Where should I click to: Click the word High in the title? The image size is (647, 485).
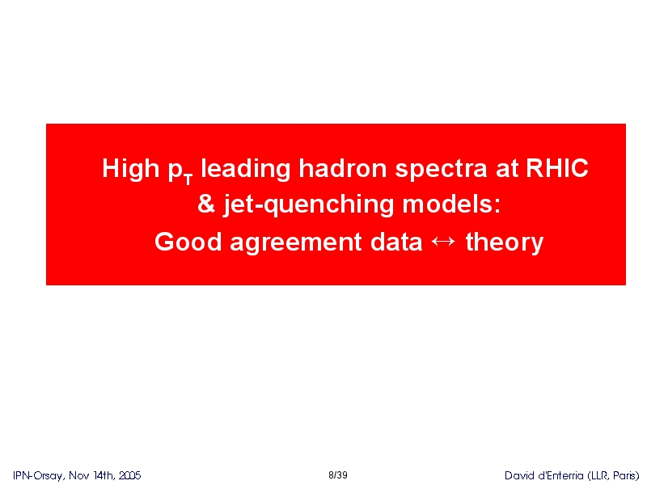pyautogui.click(x=130, y=169)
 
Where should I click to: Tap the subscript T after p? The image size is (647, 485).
pyautogui.click(x=188, y=179)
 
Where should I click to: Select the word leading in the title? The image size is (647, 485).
pyautogui.click(x=245, y=169)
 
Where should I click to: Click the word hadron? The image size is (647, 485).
pyautogui.click(x=342, y=168)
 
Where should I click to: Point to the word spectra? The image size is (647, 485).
pyautogui.click(x=441, y=170)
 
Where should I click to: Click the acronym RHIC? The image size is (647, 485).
pyautogui.click(x=557, y=168)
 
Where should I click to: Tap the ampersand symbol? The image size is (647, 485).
pyautogui.click(x=206, y=204)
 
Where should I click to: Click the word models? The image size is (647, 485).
pyautogui.click(x=451, y=204)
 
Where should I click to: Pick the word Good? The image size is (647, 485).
pyautogui.click(x=188, y=241)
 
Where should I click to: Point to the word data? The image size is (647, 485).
pyautogui.click(x=396, y=241)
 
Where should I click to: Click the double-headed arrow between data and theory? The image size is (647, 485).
pyautogui.click(x=443, y=241)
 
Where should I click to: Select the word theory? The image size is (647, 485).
pyautogui.click(x=504, y=242)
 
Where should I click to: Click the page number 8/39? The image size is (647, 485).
pyautogui.click(x=338, y=475)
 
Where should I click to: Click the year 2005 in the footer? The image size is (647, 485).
pyautogui.click(x=130, y=475)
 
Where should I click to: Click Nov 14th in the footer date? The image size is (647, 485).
pyautogui.click(x=91, y=475)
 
